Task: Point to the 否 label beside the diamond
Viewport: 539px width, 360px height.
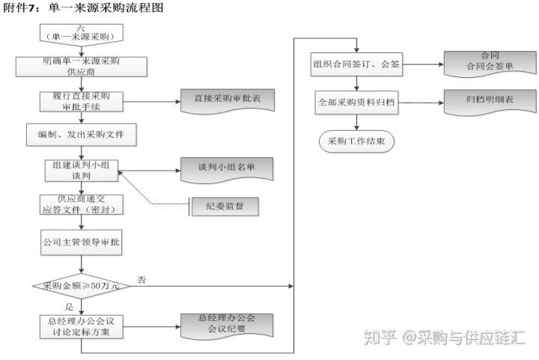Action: tap(141, 279)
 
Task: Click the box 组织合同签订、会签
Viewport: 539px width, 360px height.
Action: tap(356, 65)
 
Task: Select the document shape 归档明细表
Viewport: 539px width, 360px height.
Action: tap(490, 100)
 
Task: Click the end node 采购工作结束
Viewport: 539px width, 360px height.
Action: tap(356, 140)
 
